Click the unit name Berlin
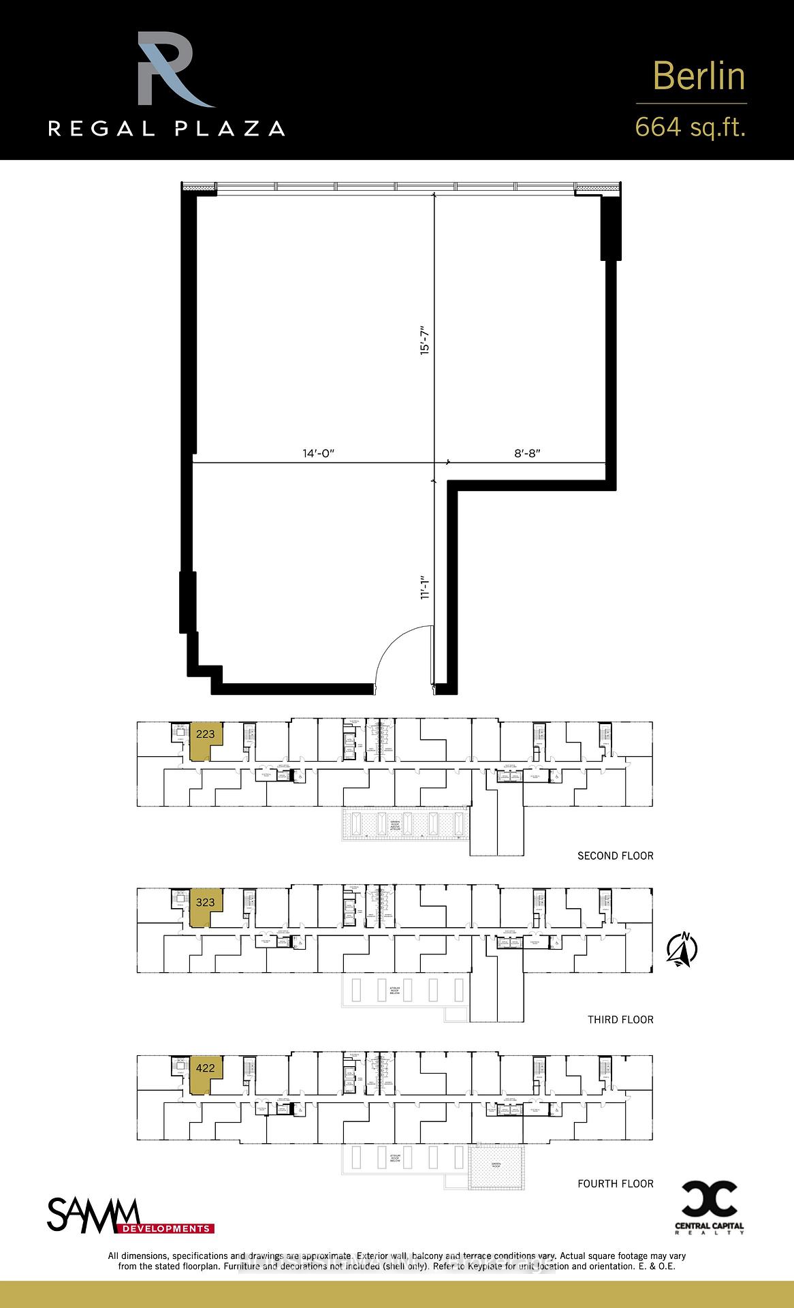(699, 76)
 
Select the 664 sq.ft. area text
(690, 127)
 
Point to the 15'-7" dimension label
(426, 338)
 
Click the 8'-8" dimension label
(526, 453)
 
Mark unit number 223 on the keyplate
(205, 734)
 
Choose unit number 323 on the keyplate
(205, 902)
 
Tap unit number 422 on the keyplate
(205, 1068)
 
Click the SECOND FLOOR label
(615, 856)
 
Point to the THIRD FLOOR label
(620, 1019)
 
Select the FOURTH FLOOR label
(615, 1183)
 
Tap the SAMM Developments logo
(129, 1217)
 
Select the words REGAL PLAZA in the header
(166, 128)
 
